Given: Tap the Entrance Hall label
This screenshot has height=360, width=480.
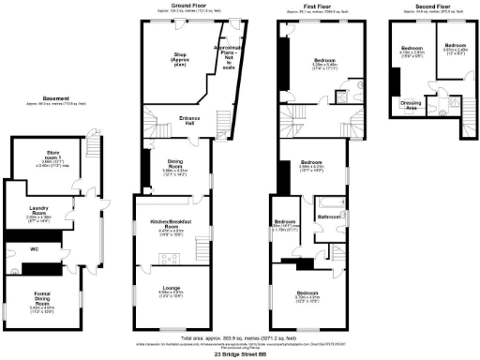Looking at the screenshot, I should click(x=170, y=119).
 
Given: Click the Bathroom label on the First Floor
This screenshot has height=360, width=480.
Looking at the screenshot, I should click(x=327, y=217).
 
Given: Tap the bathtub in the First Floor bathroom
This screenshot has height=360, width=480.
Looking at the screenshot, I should click(x=329, y=202).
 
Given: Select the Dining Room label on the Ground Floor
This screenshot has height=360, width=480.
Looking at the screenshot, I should click(x=170, y=165).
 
